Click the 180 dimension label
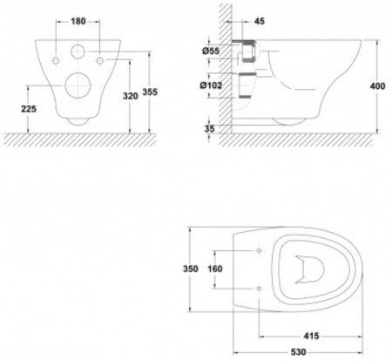point(78,21)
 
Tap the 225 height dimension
point(29,109)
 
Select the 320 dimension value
point(131,96)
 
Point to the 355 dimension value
point(150,92)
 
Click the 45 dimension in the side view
point(260,21)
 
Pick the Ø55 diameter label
point(211,51)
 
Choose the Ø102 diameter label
point(211,85)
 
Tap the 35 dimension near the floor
point(209,128)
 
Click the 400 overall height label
point(377,86)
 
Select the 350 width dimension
point(191,269)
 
